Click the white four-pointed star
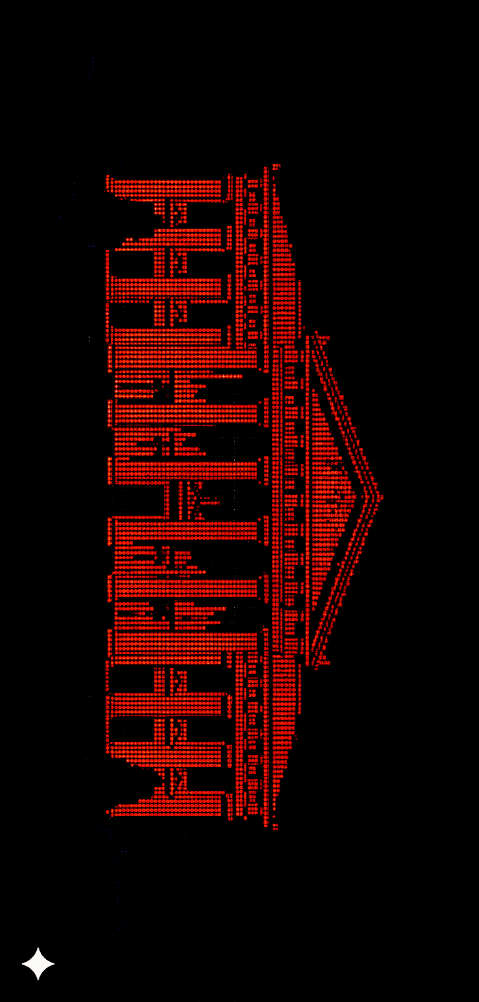37,964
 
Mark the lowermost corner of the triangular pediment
317,662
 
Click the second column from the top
167,238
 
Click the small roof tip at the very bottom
276,827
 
